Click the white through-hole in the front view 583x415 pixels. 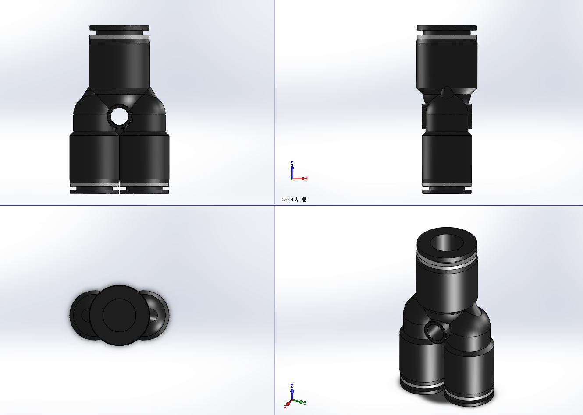119,116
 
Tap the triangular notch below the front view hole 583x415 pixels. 119,130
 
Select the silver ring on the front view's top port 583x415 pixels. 119,37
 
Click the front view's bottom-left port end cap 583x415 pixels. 94,191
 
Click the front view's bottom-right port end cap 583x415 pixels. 144,191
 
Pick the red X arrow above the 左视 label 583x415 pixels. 302,179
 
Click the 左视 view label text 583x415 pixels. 300,200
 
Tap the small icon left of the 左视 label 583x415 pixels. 285,200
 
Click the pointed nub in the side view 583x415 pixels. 447,92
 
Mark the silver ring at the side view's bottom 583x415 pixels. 447,185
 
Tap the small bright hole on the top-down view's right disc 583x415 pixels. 153,314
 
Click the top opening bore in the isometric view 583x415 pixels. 447,242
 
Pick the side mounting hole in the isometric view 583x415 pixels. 436,331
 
